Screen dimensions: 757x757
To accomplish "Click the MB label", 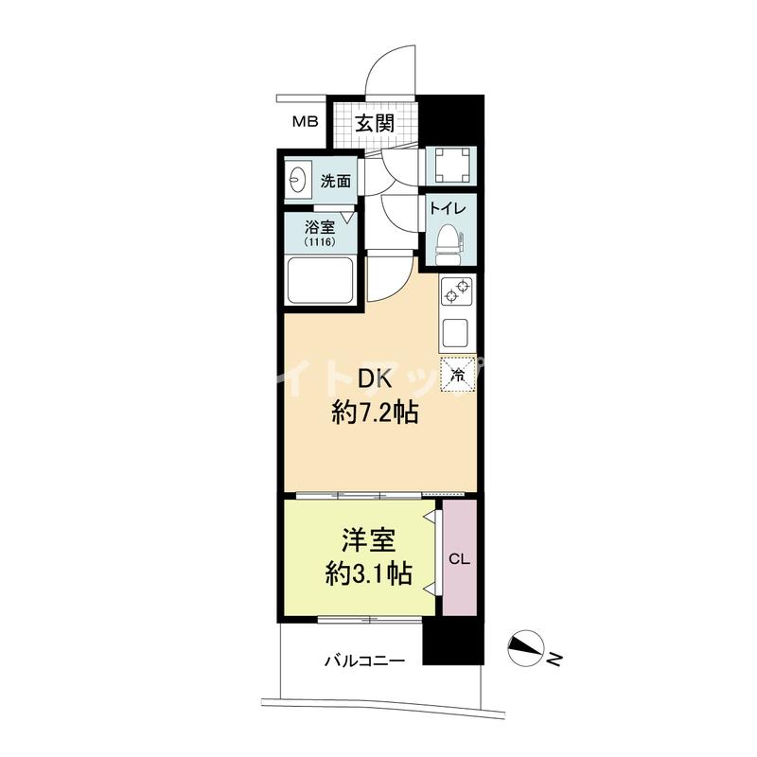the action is (305, 122).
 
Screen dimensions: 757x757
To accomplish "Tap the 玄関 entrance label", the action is (375, 123).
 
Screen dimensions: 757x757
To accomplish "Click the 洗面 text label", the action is (336, 181).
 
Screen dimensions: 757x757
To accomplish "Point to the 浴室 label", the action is (320, 227).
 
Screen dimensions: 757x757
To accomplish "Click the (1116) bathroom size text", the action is (320, 242).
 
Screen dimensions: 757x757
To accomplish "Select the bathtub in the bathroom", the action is (320, 281).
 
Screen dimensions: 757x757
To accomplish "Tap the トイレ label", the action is (448, 208).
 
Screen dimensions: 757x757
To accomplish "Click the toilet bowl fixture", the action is (449, 245).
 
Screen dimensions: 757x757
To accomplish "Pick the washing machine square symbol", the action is (452, 166).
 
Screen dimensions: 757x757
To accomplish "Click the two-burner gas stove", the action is (457, 292).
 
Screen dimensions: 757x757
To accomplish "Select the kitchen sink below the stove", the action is (455, 333).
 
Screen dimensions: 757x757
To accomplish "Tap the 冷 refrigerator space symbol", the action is (458, 374).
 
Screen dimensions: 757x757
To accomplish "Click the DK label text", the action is (374, 381).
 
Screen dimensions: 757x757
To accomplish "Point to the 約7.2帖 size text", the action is (375, 413).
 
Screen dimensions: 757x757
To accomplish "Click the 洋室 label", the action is (369, 541).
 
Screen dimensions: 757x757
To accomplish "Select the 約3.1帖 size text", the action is (368, 574).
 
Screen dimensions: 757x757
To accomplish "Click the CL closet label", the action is (459, 559).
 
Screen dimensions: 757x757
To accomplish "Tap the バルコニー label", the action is (364, 660).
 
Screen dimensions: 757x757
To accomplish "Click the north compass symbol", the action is (526, 648).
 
